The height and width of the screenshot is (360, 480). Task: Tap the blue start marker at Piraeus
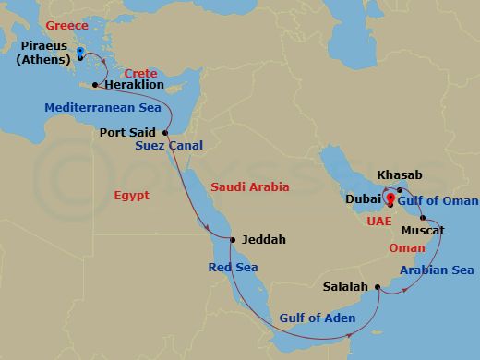(x=80, y=54)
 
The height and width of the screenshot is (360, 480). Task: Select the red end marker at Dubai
(x=390, y=198)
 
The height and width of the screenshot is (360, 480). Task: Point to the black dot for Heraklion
(x=95, y=85)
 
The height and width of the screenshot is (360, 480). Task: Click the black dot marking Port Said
(x=166, y=132)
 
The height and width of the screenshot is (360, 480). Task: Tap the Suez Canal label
(x=169, y=146)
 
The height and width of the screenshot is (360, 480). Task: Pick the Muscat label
(x=424, y=228)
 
